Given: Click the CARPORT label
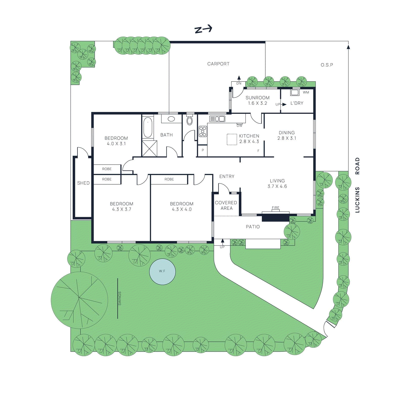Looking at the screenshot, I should pos(218,64).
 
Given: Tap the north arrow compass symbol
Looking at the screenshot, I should pos(203,29).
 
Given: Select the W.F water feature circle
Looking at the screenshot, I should pos(162,272).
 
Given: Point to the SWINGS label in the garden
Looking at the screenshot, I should pos(120,298).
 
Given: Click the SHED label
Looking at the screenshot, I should pos(83,183).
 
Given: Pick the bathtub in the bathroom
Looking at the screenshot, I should pos(148,128).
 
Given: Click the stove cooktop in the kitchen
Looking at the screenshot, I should pos(203,132).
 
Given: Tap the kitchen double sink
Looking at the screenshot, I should pos(217,119).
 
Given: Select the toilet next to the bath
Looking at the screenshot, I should pos(190,121).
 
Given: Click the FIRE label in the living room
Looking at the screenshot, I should pos(275,208).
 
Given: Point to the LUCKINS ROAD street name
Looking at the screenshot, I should pos(357,185).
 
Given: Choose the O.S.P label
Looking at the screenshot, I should pos(327,65).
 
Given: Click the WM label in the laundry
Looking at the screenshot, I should pos(306,92).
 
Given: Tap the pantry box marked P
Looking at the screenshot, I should pos(203,150).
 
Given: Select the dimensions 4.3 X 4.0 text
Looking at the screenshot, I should pos(182,209).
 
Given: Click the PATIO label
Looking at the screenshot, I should pos(253,227).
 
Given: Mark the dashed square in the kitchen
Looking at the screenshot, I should pos(232,139).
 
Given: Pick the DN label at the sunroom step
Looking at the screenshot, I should pos(239,83).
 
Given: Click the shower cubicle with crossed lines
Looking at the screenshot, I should pos(149,148).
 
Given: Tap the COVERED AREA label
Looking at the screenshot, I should pos(226,205).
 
